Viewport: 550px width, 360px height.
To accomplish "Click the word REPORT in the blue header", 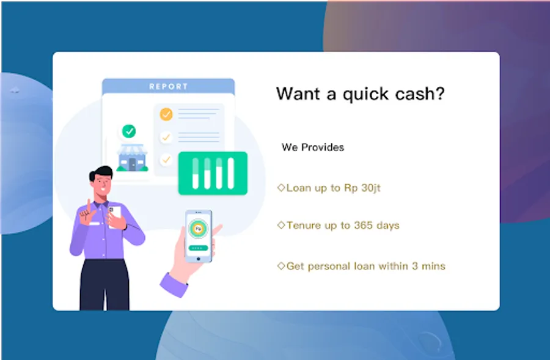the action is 169,87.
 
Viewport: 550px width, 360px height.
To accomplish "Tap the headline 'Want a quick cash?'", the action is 360,94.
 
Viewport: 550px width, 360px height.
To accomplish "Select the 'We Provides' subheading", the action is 312,147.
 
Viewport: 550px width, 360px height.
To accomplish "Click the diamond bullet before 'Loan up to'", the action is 281,188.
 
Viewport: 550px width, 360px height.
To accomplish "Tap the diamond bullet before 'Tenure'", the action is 281,225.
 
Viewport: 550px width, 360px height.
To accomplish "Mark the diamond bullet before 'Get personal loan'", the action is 281,266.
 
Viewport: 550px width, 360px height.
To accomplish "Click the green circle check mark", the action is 129,131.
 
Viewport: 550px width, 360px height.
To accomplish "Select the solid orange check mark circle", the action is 166,114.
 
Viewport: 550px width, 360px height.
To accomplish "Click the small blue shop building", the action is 132,158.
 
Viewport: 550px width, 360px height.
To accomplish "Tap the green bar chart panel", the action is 213,174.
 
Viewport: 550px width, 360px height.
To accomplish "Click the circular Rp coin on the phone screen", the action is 198,229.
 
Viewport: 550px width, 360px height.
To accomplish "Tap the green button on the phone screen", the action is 198,248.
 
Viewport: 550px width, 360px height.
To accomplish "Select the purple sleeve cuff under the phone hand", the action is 174,285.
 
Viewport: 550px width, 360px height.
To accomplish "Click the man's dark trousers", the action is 105,285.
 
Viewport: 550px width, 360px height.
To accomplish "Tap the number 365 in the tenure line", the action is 363,225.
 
